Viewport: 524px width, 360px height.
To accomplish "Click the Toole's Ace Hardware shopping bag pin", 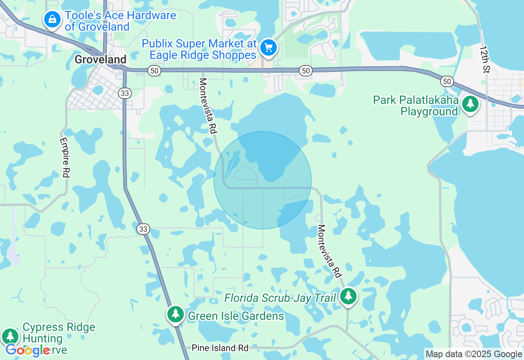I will click(x=52, y=19).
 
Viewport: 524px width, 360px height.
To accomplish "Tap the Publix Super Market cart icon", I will click(x=269, y=48).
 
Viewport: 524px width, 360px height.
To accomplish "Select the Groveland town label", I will click(x=100, y=60).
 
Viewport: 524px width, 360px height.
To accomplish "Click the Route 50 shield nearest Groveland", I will click(x=154, y=71).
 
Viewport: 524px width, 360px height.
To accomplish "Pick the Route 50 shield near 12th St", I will click(x=447, y=81).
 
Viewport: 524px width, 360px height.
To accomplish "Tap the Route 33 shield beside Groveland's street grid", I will click(x=125, y=93).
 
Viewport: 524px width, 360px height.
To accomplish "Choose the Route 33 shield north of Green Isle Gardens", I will click(x=143, y=229).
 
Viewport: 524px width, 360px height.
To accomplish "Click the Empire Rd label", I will click(x=64, y=157).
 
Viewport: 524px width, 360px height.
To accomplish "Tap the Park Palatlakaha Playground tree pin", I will click(x=470, y=104).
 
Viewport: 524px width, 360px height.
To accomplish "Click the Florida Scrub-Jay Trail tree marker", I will click(x=348, y=296).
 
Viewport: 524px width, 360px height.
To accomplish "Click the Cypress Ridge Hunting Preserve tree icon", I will click(x=10, y=337).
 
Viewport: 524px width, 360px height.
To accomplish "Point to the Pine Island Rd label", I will click(x=220, y=348).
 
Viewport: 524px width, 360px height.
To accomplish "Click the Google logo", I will click(x=28, y=350).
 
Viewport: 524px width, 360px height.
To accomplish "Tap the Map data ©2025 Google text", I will click(x=474, y=354).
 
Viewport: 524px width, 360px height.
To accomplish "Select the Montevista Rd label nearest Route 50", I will click(x=207, y=106).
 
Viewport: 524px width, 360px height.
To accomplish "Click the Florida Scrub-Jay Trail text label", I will click(x=280, y=298).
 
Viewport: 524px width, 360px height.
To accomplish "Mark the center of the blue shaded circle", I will click(x=262, y=180).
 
